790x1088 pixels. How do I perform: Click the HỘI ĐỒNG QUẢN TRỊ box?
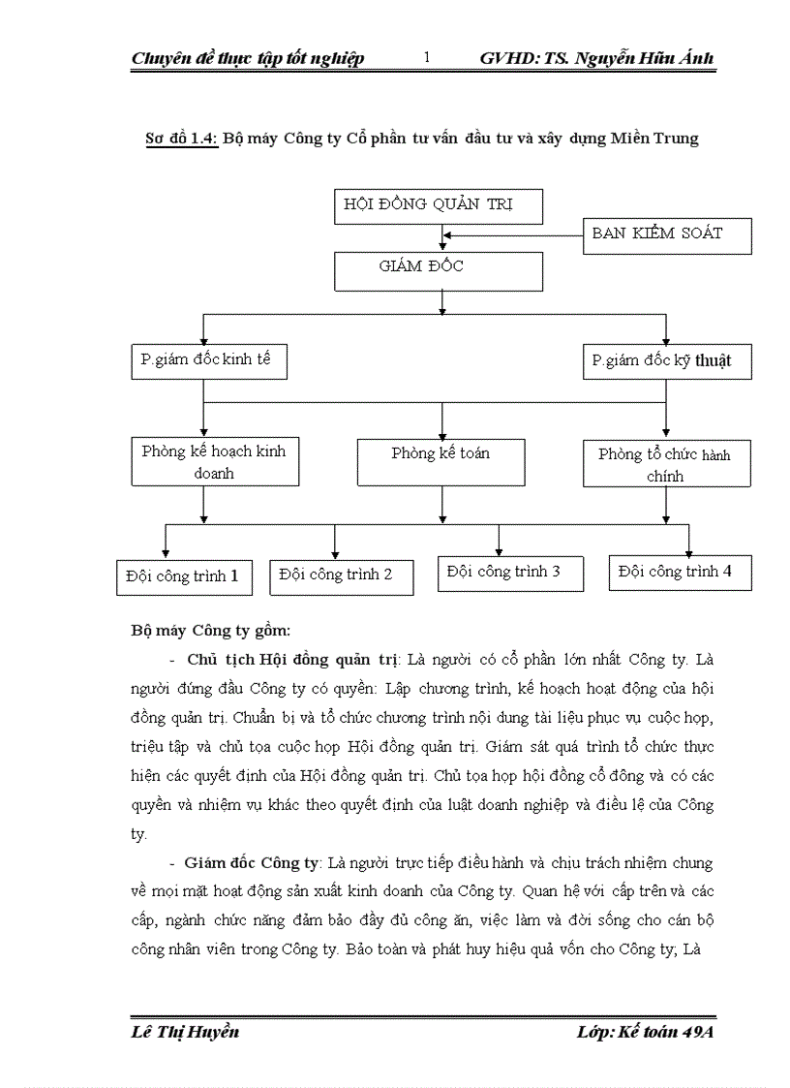click(438, 205)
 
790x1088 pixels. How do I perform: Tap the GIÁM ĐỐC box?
click(438, 270)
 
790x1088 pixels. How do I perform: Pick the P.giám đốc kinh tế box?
click(209, 360)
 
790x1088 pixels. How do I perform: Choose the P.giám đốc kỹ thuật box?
click(667, 361)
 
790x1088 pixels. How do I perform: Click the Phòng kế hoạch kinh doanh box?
click(213, 462)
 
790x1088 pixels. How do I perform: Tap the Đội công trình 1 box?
click(182, 575)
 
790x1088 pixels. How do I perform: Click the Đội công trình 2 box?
click(342, 575)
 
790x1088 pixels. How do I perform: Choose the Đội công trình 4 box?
click(680, 572)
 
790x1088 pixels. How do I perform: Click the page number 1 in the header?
click(427, 58)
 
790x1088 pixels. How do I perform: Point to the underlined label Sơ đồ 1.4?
click(180, 138)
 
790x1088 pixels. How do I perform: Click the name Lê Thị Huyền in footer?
click(184, 1031)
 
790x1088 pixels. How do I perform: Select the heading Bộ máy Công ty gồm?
click(210, 631)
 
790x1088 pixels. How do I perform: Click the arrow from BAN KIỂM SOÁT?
click(513, 233)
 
